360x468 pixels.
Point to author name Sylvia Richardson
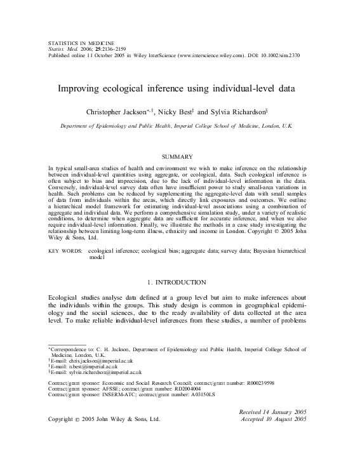pos(236,112)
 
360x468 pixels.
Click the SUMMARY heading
pos(180,156)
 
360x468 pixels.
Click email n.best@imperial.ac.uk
pos(87,366)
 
